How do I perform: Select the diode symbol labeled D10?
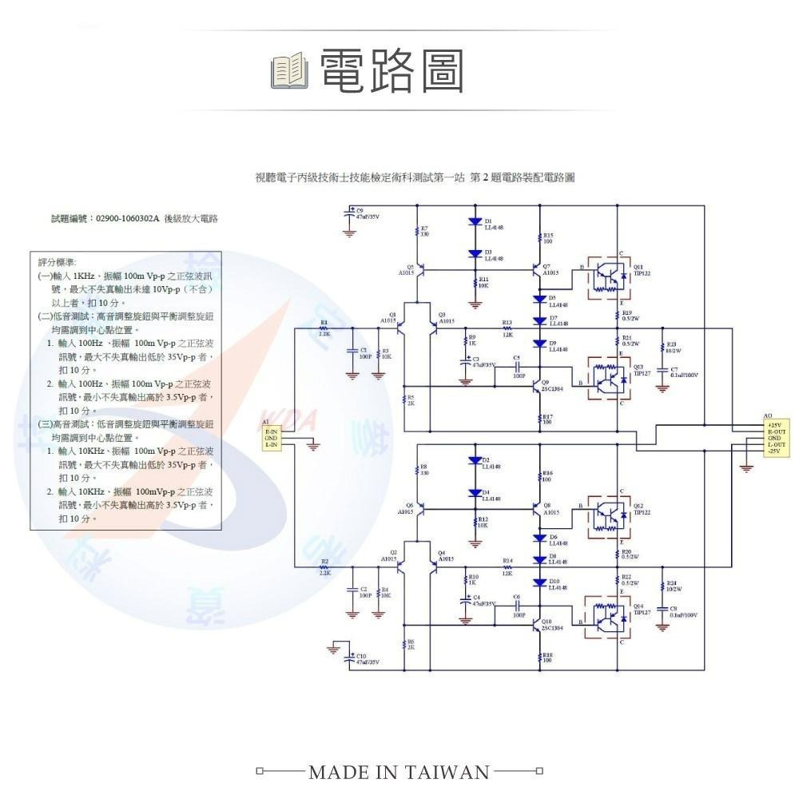(x=540, y=582)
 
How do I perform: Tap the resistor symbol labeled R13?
(x=507, y=328)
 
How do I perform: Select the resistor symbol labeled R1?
(x=324, y=328)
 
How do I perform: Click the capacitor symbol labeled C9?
(x=349, y=214)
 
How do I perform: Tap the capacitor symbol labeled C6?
(x=517, y=609)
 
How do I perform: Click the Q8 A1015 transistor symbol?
(x=536, y=507)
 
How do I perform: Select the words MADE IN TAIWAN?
(x=399, y=772)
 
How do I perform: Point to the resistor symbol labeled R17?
(x=539, y=418)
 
